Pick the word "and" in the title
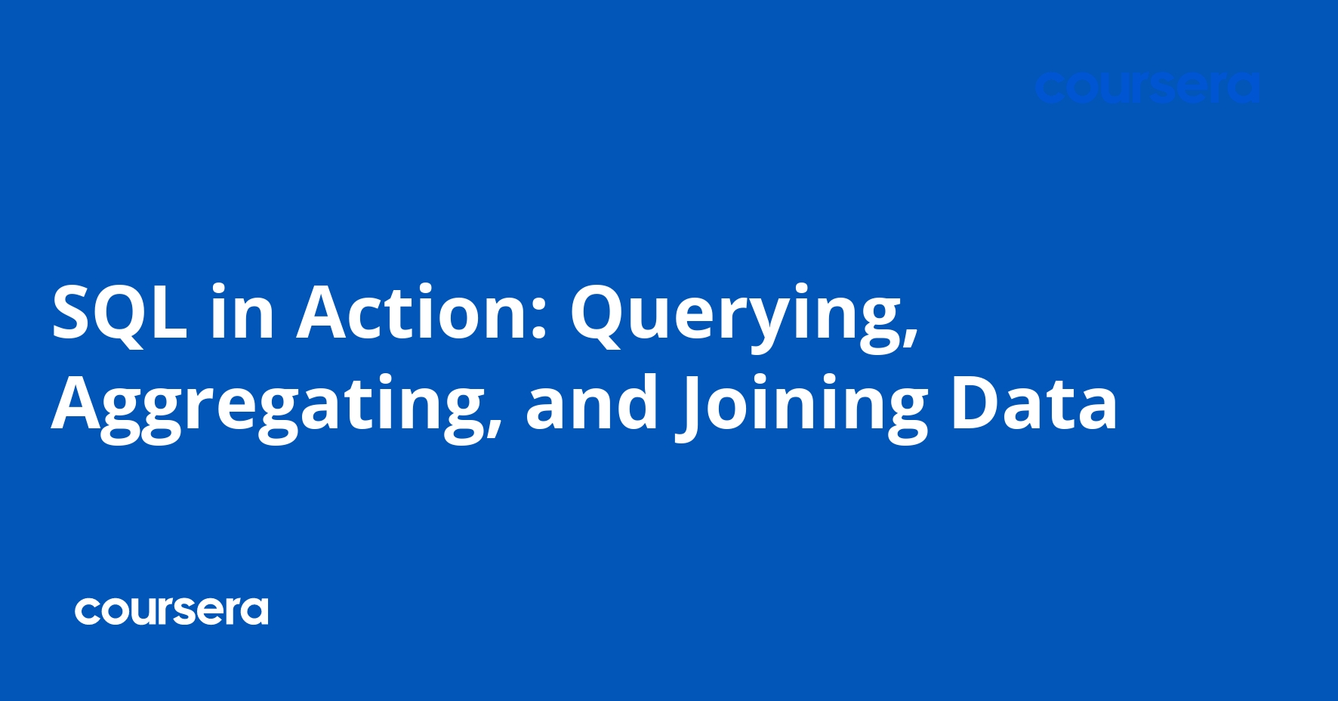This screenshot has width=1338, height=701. point(592,404)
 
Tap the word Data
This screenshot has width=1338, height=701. point(1033,404)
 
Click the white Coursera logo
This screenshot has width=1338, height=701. point(171,611)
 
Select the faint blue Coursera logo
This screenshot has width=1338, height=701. point(1147,88)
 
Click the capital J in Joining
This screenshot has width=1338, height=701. point(692,408)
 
